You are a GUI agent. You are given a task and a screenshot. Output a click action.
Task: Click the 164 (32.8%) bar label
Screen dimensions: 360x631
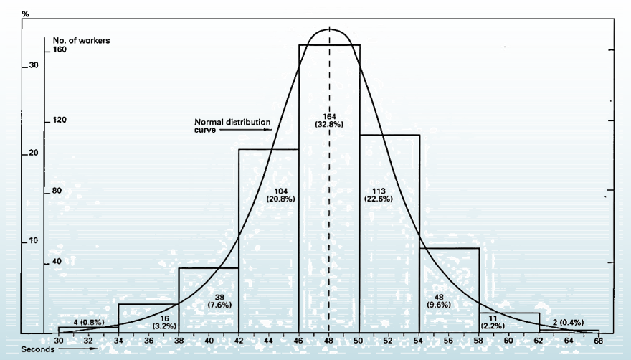click(329, 120)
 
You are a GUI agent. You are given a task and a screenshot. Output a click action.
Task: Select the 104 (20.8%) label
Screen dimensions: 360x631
click(270, 194)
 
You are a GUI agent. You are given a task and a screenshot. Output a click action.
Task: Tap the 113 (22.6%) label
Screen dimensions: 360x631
click(378, 194)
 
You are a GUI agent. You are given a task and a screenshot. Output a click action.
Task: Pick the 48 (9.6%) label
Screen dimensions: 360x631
click(438, 300)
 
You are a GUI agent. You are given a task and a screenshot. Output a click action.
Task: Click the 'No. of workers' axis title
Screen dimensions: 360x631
click(81, 40)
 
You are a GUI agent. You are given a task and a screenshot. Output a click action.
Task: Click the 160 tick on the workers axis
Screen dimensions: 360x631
click(59, 50)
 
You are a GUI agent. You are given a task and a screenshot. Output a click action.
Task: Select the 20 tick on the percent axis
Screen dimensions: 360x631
click(33, 153)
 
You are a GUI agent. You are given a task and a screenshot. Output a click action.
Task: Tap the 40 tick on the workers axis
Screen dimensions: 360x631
click(56, 262)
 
